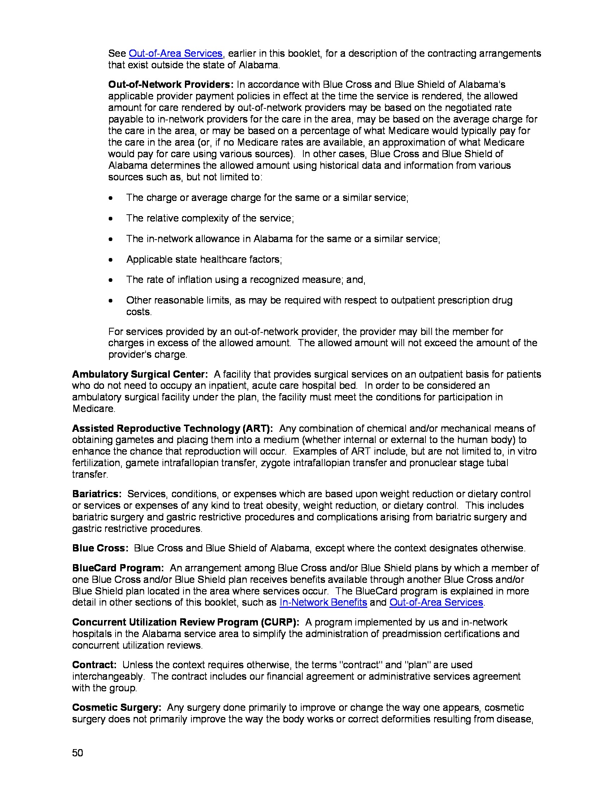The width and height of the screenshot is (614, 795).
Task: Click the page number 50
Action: [x=78, y=753]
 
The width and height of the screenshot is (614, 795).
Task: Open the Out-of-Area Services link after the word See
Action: [x=175, y=53]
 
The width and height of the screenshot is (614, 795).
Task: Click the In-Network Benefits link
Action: [x=323, y=602]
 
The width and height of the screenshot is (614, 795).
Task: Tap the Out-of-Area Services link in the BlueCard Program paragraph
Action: [x=436, y=602]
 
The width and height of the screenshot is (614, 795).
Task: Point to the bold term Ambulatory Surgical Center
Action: [x=140, y=374]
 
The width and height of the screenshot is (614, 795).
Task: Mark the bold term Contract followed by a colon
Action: [x=94, y=665]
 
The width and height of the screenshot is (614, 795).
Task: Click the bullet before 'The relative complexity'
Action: [x=111, y=218]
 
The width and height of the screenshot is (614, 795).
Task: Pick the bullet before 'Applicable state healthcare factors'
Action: [x=111, y=259]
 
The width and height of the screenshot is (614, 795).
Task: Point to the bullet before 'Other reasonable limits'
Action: [x=111, y=301]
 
